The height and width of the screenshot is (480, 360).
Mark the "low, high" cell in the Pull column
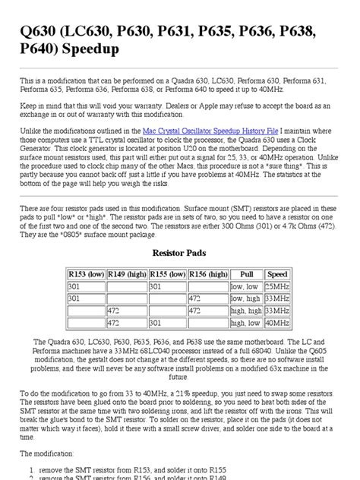[x=247, y=298]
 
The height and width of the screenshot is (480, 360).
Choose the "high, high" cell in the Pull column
[x=247, y=311]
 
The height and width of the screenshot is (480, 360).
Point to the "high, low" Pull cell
[x=247, y=323]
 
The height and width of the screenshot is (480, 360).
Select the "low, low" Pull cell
[x=247, y=286]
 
